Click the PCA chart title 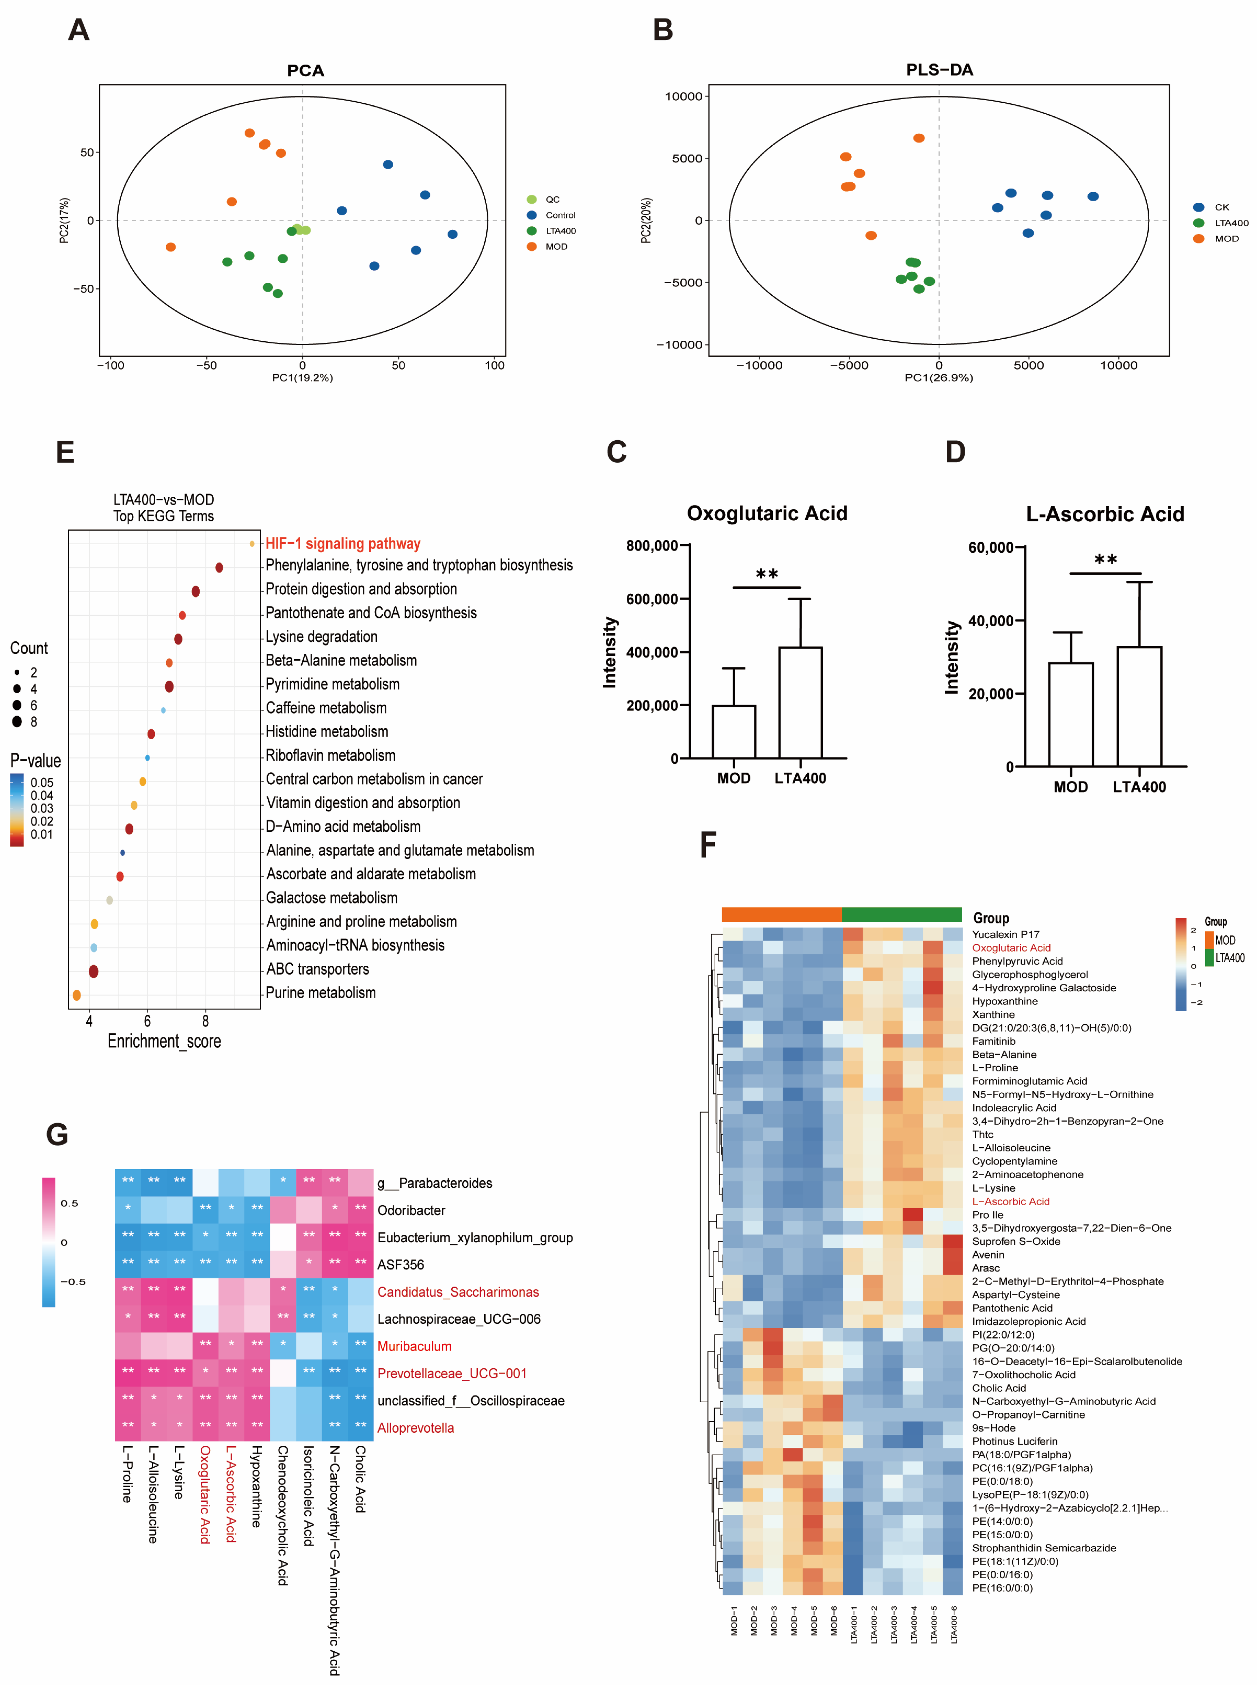pos(305,71)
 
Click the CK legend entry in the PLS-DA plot pos(1221,207)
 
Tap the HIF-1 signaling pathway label pos(342,543)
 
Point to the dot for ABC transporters pos(94,971)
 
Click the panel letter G pos(57,1134)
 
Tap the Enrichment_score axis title pos(164,1041)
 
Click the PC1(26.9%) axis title pos(938,377)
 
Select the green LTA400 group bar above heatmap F pos(902,914)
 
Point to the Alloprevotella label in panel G pos(416,1428)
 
